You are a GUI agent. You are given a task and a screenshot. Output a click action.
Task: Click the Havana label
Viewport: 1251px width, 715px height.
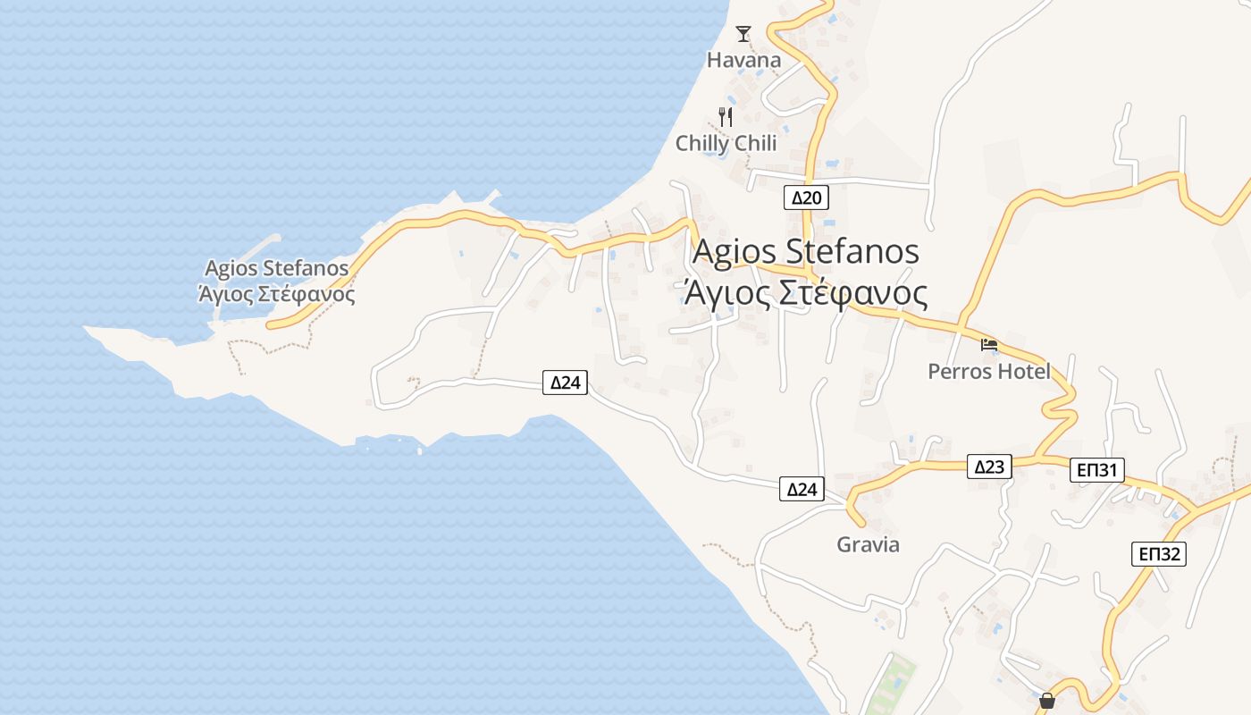point(743,60)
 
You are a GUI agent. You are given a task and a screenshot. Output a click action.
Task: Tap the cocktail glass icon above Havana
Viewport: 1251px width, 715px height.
point(743,34)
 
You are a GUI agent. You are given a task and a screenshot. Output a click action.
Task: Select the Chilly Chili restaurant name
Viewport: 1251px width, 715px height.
point(726,143)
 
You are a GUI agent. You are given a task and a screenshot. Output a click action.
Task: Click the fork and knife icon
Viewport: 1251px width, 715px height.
point(726,116)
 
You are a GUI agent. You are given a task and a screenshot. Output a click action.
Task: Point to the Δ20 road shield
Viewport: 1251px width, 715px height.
point(806,198)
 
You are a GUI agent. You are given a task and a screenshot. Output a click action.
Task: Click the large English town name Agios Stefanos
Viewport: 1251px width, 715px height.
point(805,251)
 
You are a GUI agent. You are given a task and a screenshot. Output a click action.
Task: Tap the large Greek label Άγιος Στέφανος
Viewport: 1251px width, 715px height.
point(804,292)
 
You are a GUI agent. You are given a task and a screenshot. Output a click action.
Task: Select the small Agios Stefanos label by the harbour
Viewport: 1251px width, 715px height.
point(276,268)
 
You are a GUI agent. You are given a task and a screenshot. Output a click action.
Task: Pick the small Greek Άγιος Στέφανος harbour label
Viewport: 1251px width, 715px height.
point(276,293)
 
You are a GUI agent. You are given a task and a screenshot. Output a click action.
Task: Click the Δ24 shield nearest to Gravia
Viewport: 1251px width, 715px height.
point(802,489)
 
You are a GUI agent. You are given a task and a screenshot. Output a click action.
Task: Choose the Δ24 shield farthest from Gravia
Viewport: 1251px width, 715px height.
point(565,383)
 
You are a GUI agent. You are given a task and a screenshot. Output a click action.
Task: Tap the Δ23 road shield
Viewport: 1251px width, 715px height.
point(989,467)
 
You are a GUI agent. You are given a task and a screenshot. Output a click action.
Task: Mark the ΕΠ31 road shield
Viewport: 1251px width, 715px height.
point(1096,470)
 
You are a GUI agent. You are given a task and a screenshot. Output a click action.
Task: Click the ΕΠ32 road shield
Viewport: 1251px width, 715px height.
point(1158,554)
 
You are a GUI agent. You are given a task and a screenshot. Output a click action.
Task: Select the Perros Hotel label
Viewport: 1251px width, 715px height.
point(989,371)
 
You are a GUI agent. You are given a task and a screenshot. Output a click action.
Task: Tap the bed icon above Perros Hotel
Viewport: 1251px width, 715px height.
point(988,344)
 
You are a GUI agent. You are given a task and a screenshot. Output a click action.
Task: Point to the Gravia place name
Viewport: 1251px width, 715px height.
point(868,544)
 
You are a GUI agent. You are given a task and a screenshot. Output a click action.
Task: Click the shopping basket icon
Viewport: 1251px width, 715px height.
point(1046,701)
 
